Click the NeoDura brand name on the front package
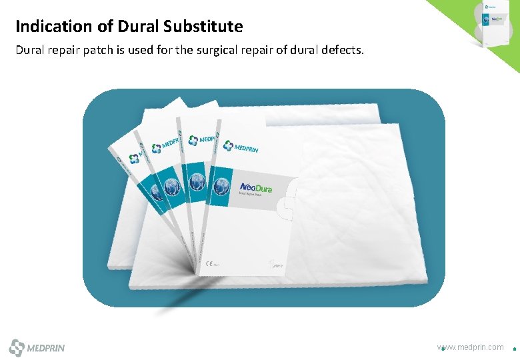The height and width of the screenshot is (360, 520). click(256, 188)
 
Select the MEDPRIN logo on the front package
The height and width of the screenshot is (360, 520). click(241, 147)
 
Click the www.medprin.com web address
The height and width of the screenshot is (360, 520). click(471, 347)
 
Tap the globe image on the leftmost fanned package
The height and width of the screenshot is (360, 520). click(155, 192)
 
